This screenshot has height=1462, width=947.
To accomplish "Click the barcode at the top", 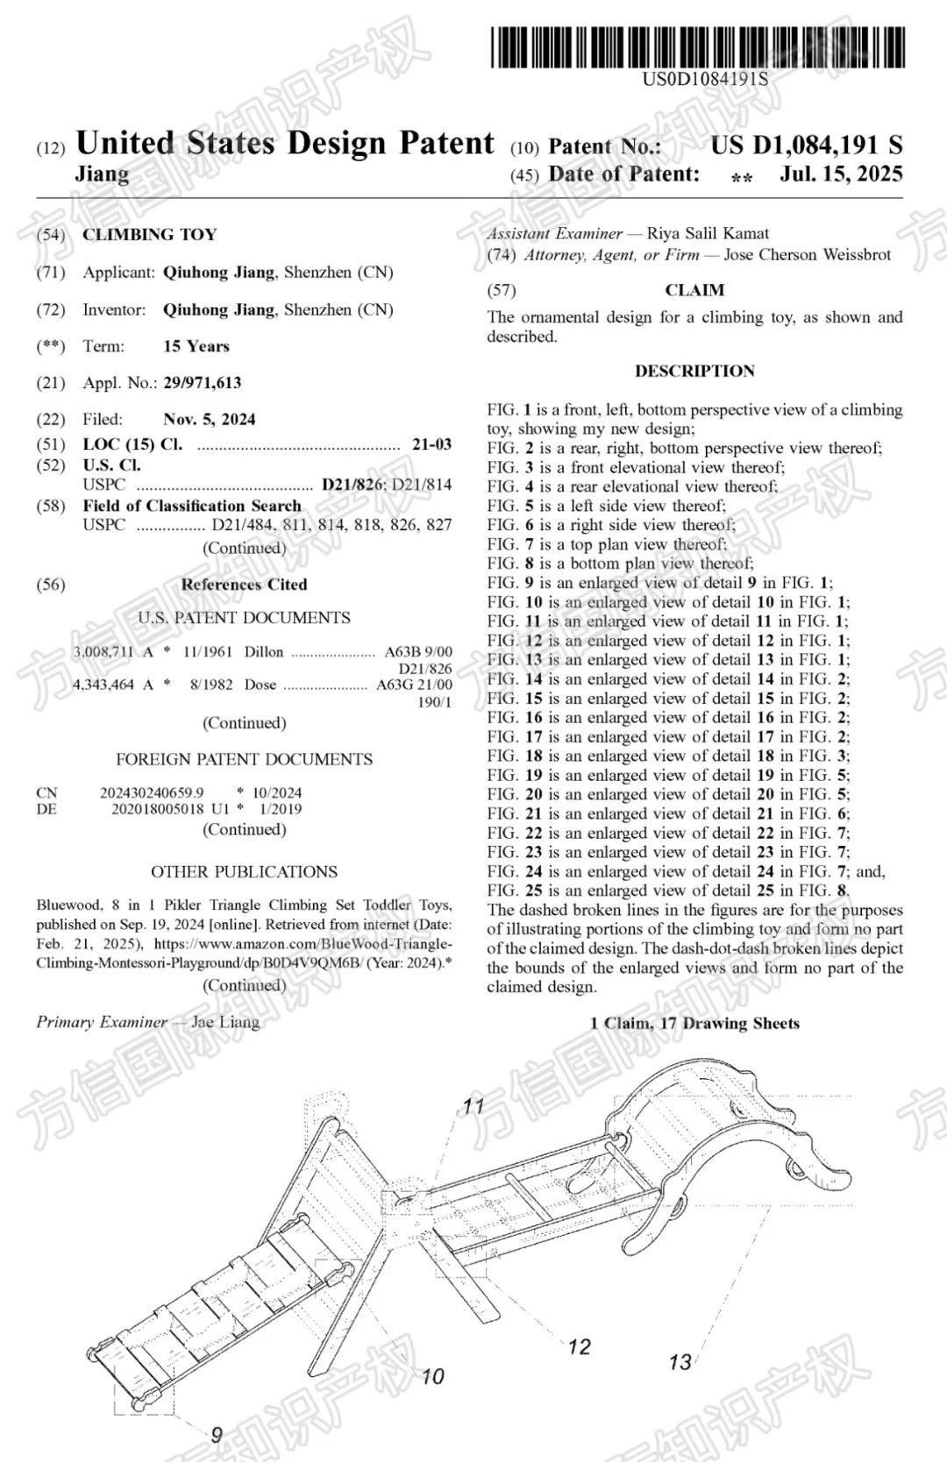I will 697,47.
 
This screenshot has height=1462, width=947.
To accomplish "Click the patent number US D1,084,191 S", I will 806,145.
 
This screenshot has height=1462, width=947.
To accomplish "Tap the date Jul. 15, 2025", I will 841,174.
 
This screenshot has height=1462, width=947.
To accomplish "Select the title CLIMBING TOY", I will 149,234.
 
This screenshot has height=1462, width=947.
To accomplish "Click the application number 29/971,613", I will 202,382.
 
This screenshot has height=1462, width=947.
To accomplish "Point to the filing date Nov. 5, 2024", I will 209,419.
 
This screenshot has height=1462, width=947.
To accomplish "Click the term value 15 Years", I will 196,346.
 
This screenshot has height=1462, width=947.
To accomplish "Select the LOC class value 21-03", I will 431,444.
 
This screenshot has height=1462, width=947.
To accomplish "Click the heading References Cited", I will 244,584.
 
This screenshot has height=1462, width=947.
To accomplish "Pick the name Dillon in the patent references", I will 263,652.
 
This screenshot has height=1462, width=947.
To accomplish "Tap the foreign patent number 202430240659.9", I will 151,792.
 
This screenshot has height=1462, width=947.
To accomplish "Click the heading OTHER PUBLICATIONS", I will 244,871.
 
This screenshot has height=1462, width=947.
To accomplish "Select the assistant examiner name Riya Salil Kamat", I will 708,233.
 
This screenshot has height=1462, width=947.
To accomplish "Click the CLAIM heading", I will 694,290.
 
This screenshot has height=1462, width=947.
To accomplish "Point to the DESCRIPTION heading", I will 694,371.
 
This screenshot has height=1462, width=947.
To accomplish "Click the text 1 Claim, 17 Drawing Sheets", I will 694,1023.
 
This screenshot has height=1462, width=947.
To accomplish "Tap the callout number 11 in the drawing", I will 473,1106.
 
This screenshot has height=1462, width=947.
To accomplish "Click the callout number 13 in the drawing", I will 680,1362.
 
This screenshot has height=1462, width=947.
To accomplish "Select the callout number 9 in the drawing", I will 216,1434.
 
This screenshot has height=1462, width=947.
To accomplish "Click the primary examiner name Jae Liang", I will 225,1022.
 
